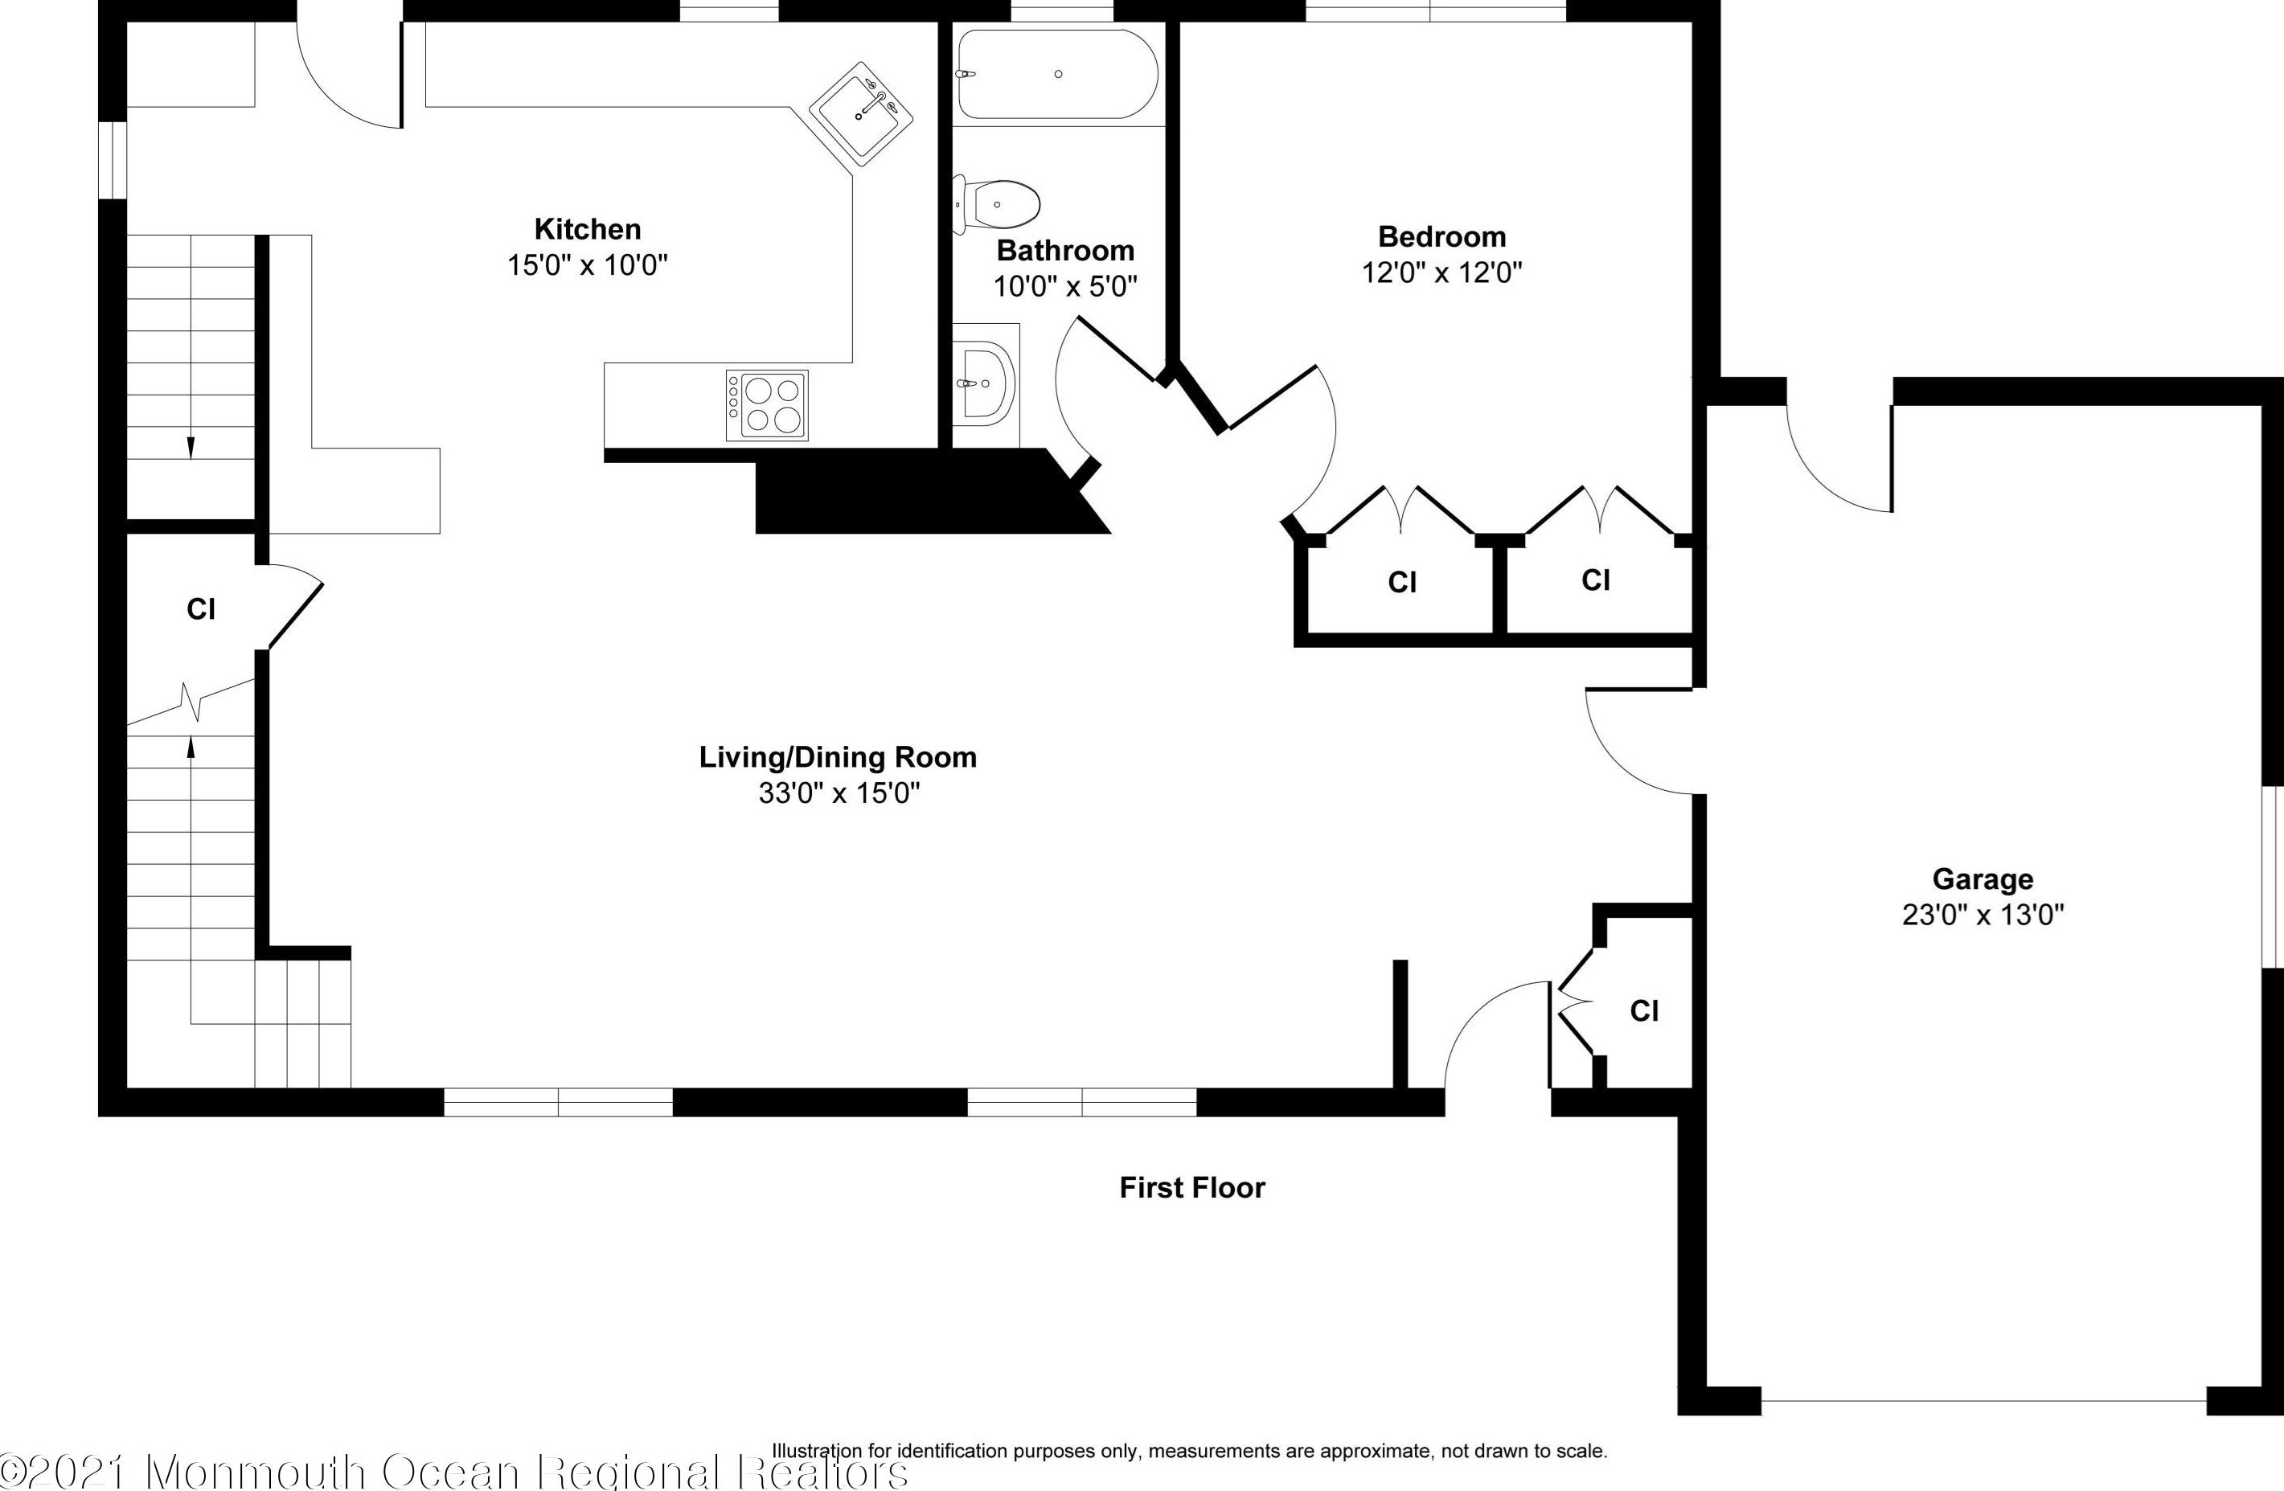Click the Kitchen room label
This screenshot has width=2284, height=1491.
click(x=588, y=229)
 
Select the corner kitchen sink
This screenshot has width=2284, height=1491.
click(x=861, y=114)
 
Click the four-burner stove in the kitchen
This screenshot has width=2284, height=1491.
click(x=767, y=405)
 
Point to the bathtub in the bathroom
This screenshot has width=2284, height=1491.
click(x=1057, y=74)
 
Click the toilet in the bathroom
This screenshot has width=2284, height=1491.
click(x=997, y=204)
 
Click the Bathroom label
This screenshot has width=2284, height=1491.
click(x=1065, y=251)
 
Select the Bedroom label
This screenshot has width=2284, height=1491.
click(x=1441, y=237)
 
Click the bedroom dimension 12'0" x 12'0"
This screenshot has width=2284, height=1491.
click(x=1441, y=272)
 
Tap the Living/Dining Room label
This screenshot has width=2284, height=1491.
click(x=838, y=757)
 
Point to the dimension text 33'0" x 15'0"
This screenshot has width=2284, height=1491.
click(x=839, y=793)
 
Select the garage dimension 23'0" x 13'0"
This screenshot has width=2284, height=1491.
click(x=1983, y=915)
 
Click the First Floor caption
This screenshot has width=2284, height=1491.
click(x=1192, y=1188)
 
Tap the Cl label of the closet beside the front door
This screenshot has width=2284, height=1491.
click(x=1644, y=1010)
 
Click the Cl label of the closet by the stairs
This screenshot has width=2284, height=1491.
click(x=200, y=609)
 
